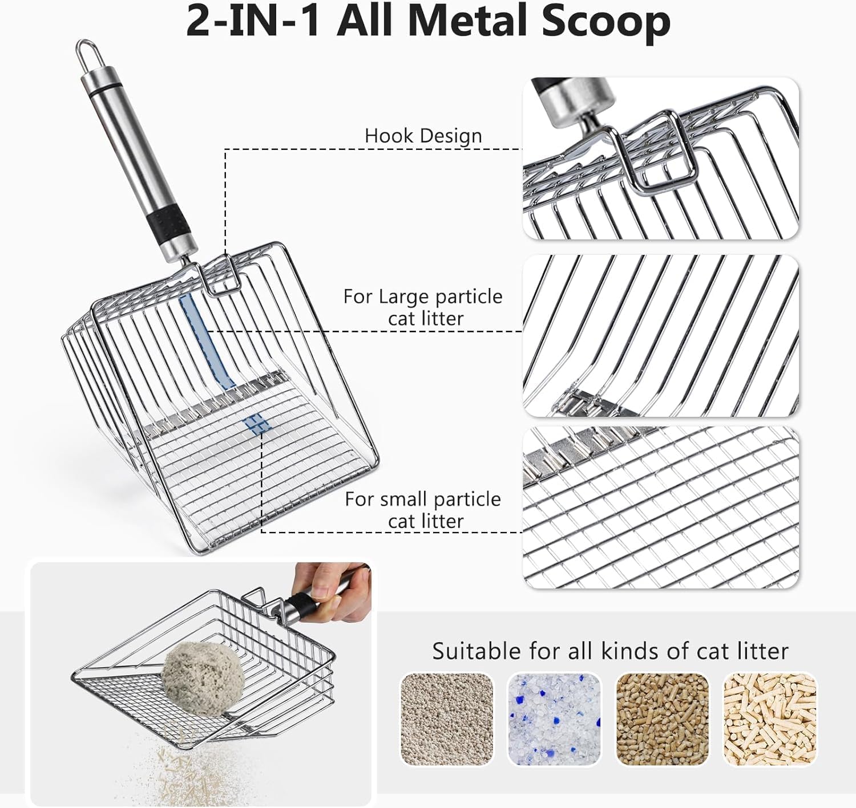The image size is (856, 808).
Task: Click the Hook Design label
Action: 423,136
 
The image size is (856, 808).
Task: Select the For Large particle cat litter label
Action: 423,307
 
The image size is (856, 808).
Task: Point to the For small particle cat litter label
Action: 423,510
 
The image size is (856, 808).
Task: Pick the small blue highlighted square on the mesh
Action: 256,425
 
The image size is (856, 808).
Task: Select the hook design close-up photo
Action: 661,158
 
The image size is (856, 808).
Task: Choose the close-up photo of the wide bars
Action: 661,335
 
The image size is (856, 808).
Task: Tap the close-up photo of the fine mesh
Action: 661,507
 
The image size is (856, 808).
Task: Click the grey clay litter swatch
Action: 447,719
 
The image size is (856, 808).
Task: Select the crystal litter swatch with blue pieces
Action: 554,719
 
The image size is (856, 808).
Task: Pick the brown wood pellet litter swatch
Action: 662,719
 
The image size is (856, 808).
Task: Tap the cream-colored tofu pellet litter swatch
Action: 770,719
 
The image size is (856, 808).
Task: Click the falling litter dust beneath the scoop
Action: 171,770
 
